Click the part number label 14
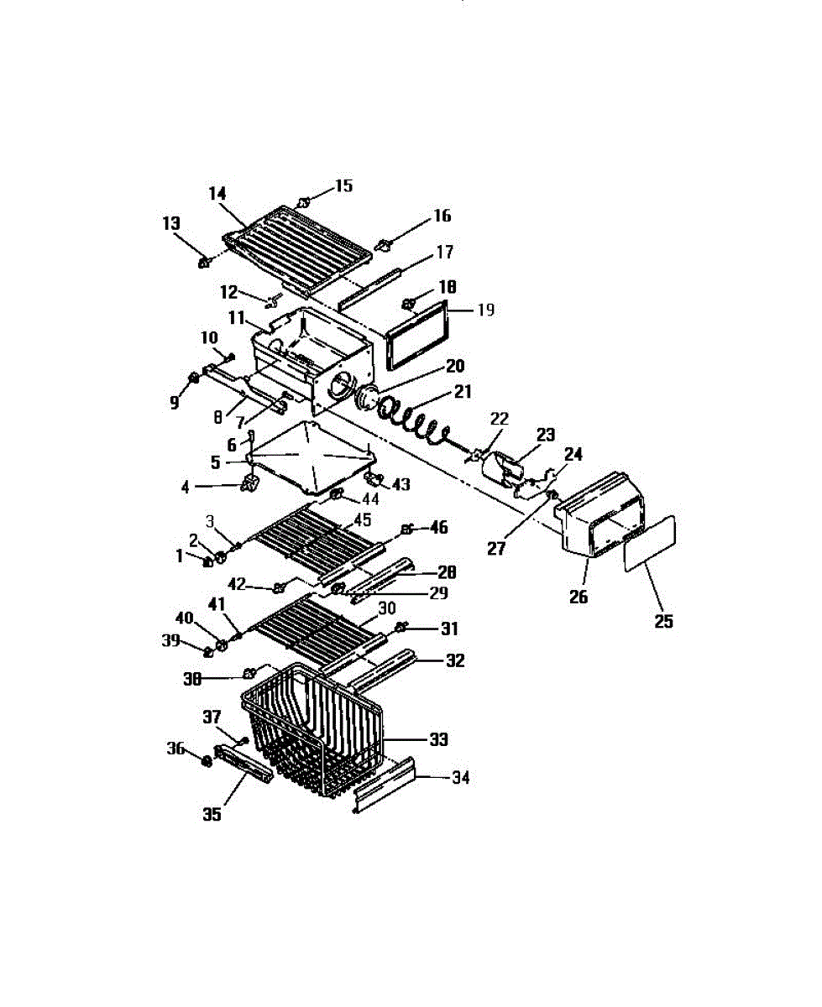[217, 192]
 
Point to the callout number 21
[463, 390]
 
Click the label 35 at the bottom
[212, 813]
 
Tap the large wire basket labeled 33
[315, 726]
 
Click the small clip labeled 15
[304, 201]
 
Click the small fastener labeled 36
[204, 761]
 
